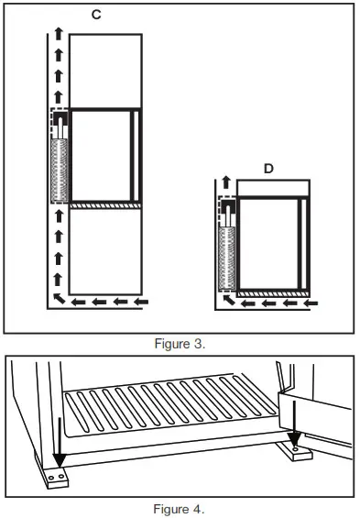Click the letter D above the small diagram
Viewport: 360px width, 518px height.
coord(268,169)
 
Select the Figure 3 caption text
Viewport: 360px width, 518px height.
coord(180,343)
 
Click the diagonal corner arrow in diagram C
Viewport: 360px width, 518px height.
coord(58,299)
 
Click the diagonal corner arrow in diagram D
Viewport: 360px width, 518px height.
coord(225,299)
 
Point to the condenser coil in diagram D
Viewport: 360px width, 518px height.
coord(226,258)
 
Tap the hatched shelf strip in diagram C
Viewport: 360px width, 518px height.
coord(105,205)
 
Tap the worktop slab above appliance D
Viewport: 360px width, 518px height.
coord(274,188)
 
